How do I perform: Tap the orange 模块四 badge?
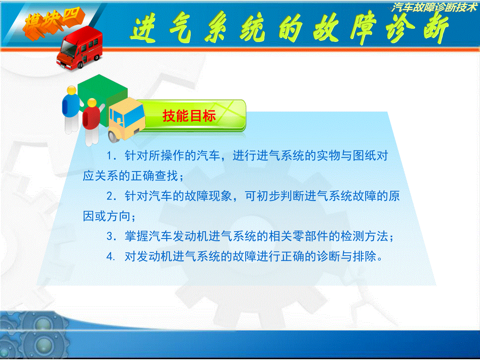[x=52, y=23]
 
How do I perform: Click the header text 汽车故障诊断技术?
[x=434, y=8]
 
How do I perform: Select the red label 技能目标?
[x=189, y=116]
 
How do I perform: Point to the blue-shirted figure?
[x=70, y=109]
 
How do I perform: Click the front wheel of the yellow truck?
[x=113, y=137]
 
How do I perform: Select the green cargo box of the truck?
[x=102, y=98]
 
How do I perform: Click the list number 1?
[x=111, y=156]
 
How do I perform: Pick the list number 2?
[x=111, y=196]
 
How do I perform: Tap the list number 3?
[x=111, y=236]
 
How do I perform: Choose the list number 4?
[x=111, y=256]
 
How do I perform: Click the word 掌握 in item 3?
[x=136, y=236]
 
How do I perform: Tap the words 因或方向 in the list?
[x=107, y=216]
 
